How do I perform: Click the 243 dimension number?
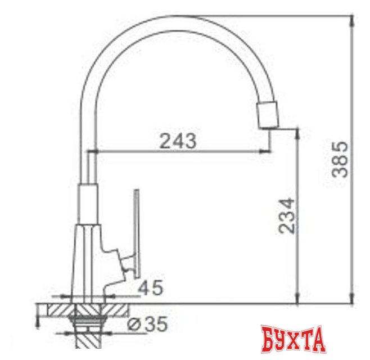pyautogui.click(x=178, y=141)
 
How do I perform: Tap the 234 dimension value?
pyautogui.click(x=286, y=215)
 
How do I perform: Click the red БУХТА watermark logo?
pyautogui.click(x=294, y=339)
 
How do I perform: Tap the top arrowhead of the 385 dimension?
pyautogui.click(x=353, y=19)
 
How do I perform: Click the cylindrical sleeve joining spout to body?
pyautogui.click(x=88, y=202)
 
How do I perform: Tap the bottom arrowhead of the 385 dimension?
pyautogui.click(x=353, y=298)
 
